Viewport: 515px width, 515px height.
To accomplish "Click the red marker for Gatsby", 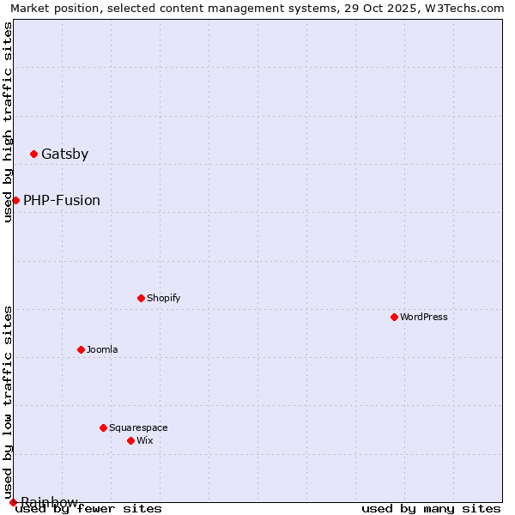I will [33, 154].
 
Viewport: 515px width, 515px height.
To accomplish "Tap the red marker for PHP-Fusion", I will [15, 200].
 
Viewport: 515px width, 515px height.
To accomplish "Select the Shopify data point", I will [141, 298].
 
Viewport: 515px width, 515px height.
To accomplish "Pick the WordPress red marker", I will [394, 317].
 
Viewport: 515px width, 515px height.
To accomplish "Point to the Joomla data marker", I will [81, 349].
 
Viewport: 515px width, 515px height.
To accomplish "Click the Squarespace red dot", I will [103, 427].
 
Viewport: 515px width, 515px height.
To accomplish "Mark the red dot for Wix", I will [130, 440].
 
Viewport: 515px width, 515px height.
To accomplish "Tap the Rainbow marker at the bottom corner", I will [13, 502].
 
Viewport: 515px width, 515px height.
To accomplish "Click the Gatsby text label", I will [64, 154].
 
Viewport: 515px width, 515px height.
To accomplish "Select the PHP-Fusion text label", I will [62, 201].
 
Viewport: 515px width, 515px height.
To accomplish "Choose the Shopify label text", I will [163, 299].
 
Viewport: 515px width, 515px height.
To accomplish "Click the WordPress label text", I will [424, 318].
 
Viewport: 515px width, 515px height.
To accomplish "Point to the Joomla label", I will [102, 350].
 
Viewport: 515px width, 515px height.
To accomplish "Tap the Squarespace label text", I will [138, 428].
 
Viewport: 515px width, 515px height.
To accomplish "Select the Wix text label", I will [145, 441].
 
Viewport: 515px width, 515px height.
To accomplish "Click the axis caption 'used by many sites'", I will [431, 509].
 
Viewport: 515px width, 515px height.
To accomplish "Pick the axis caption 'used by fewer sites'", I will [89, 509].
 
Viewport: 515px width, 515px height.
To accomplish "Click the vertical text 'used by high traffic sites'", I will [8, 122].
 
